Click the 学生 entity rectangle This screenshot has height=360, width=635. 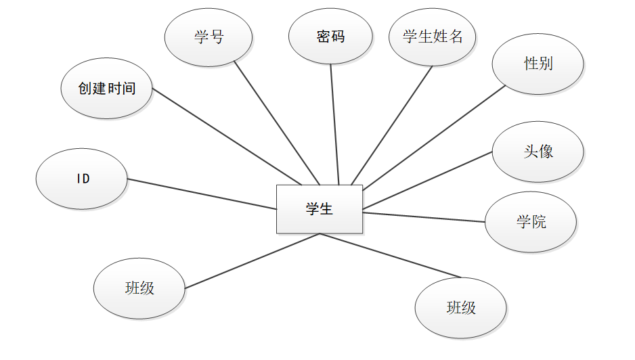[319, 209]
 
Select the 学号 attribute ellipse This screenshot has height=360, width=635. [209, 37]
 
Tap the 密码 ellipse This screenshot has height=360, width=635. [330, 37]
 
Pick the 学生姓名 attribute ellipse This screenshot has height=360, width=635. [433, 37]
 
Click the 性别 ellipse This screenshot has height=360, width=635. [538, 64]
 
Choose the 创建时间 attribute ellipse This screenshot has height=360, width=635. [106, 89]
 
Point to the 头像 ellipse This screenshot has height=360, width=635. [538, 152]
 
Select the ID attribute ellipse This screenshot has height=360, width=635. [82, 179]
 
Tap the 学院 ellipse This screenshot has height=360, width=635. [531, 222]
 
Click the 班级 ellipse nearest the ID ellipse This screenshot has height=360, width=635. [139, 288]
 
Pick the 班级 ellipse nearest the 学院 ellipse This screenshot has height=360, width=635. [460, 308]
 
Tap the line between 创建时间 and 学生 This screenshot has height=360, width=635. [226, 136]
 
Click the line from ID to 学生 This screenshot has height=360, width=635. [202, 194]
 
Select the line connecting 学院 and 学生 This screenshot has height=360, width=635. [424, 217]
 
